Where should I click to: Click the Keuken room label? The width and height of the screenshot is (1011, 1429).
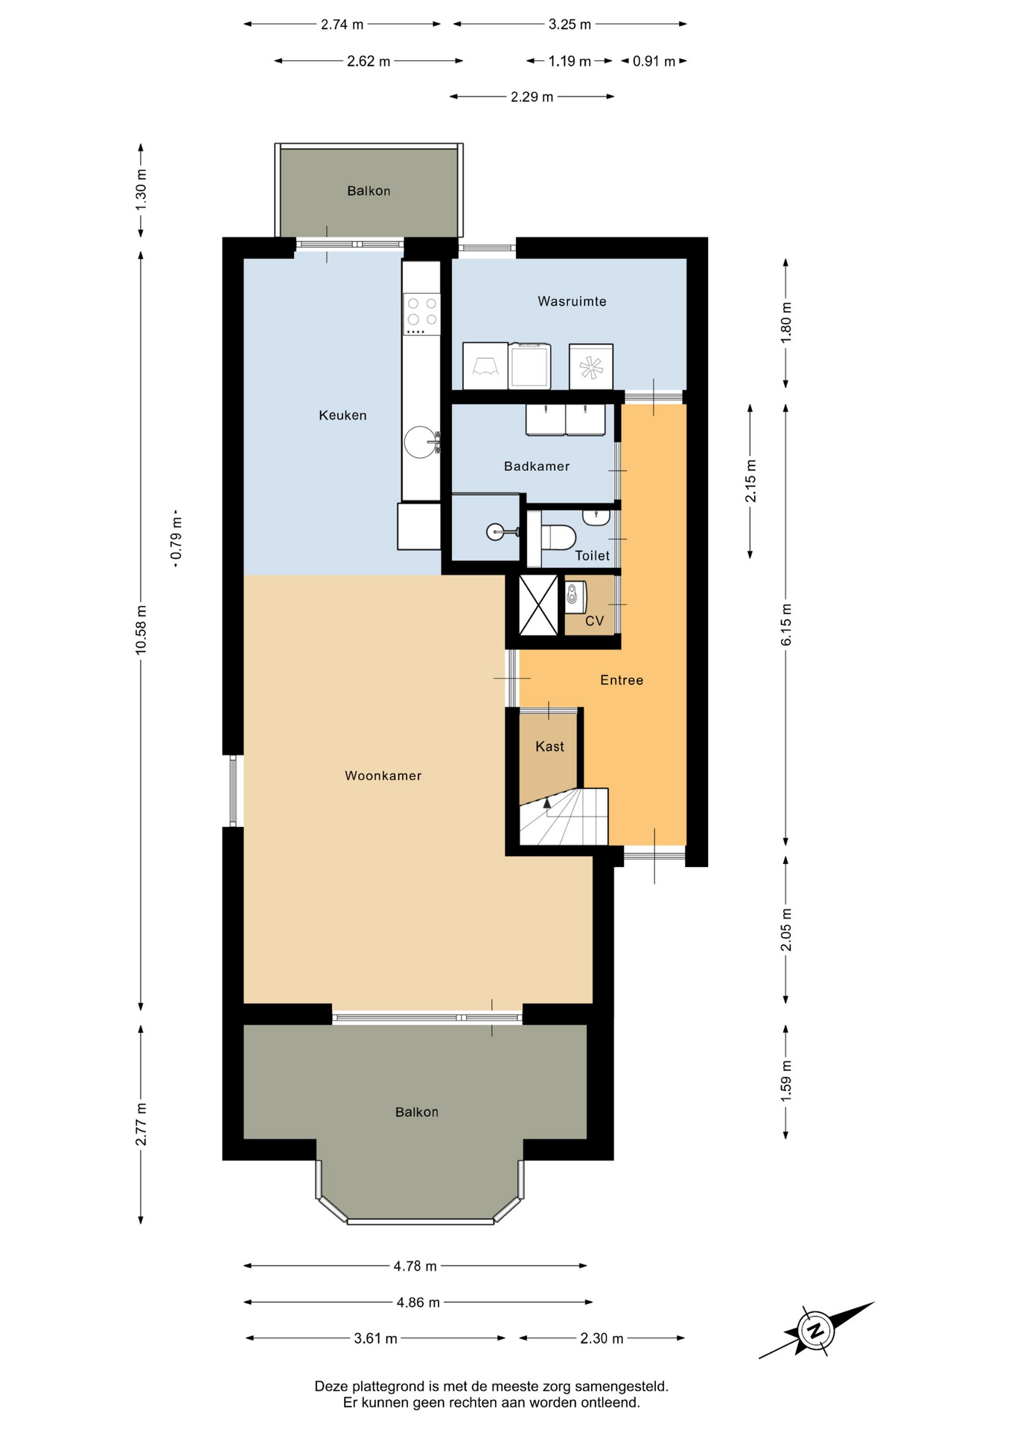click(x=342, y=415)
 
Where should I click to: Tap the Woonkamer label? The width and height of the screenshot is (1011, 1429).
click(x=383, y=776)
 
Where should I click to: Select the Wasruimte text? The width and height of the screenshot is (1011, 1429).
click(x=572, y=301)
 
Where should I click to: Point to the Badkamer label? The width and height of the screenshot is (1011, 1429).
click(x=536, y=467)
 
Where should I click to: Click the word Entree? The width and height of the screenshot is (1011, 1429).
click(x=622, y=680)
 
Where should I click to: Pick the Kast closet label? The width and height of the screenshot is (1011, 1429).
click(x=549, y=747)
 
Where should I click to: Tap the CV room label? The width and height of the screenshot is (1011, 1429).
click(x=594, y=621)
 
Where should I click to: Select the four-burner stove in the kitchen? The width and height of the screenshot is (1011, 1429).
click(x=422, y=314)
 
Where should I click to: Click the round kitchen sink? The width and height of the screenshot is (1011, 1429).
click(x=421, y=442)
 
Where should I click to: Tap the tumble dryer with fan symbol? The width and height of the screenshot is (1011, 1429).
click(x=591, y=366)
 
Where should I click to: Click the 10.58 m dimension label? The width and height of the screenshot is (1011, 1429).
click(x=141, y=630)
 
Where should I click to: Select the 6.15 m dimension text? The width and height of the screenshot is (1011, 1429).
click(x=786, y=625)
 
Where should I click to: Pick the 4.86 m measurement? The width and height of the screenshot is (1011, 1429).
click(x=418, y=1302)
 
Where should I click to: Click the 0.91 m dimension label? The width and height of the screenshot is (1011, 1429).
click(x=654, y=61)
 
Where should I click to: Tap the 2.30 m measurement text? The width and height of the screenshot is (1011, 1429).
click(x=602, y=1338)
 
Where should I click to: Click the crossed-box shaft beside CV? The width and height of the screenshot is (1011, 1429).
click(x=538, y=605)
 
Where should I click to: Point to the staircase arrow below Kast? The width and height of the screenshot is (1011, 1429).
click(x=547, y=804)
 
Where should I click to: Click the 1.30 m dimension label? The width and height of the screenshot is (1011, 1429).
click(x=141, y=190)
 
